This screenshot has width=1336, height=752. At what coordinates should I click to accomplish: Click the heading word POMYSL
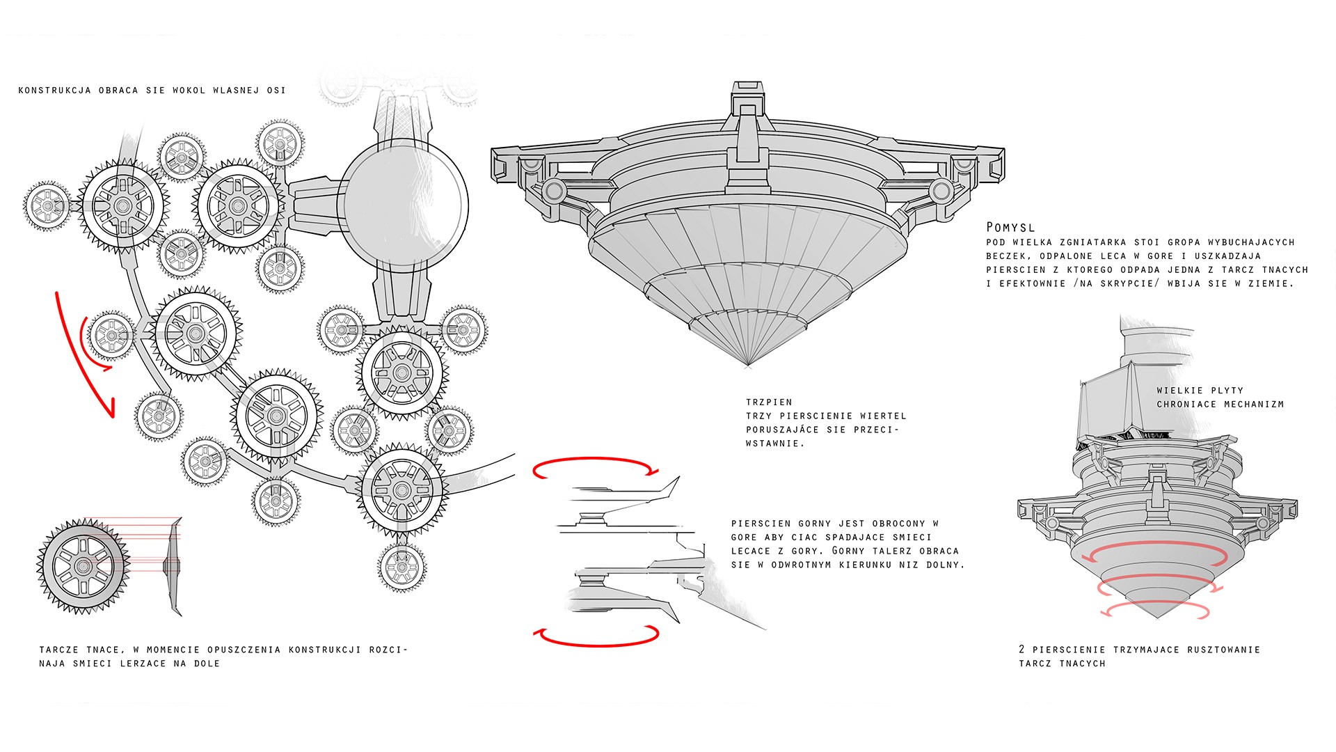1010,227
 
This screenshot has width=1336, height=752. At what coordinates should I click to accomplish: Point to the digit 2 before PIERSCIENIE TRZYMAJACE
1021,649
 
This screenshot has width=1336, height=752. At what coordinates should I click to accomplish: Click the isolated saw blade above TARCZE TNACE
83,566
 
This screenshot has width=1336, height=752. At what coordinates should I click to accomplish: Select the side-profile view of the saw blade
173,566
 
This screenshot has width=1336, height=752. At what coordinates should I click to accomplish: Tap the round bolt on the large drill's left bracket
555,189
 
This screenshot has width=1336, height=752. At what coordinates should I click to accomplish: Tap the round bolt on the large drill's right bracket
941,189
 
